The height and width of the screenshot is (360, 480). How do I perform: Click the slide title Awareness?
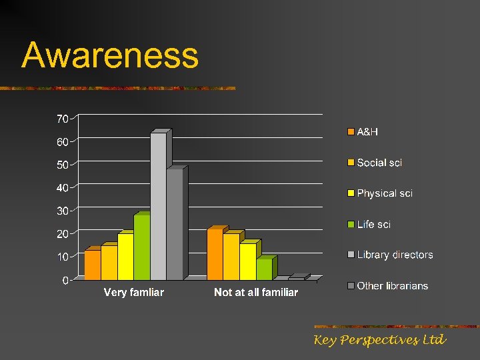point(110,56)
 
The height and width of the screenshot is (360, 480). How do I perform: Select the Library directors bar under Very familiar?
point(158,207)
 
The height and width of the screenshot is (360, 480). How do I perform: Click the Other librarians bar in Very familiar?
point(175,224)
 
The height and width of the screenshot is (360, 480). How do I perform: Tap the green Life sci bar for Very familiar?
point(141,247)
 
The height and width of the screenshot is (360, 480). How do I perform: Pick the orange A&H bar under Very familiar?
point(92,265)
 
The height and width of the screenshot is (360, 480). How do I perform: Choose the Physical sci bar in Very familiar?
point(125,257)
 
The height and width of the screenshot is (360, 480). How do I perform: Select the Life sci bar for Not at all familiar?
point(264,269)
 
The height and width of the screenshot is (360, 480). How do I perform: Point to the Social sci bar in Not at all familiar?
point(231,257)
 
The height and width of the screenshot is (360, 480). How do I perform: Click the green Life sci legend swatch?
point(350,225)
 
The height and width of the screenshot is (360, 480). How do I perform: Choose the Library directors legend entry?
point(394,255)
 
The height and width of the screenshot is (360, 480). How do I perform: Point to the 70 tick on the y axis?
point(62,119)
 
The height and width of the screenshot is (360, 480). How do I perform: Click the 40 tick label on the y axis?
point(62,188)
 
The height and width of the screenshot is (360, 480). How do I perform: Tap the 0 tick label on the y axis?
point(65,281)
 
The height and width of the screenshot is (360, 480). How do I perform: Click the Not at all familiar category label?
point(256,293)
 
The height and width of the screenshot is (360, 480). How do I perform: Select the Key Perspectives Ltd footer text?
point(379,340)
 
